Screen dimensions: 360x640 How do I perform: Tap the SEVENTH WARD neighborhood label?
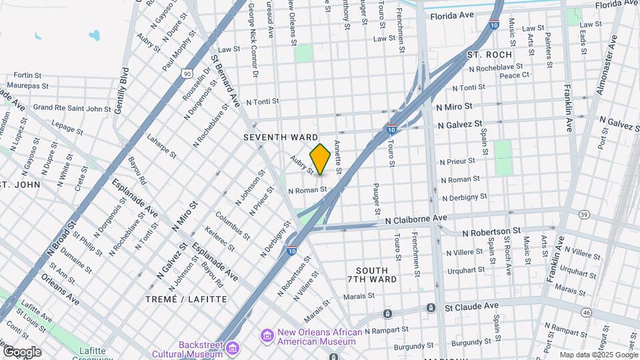(x=280, y=137)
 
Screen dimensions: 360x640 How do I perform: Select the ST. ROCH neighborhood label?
(x=489, y=55)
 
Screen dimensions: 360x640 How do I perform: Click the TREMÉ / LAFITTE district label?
(x=186, y=299)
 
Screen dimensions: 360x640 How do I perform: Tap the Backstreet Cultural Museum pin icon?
(x=232, y=347)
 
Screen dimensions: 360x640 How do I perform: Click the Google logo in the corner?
(x=21, y=351)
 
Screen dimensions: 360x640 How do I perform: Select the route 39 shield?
(x=584, y=214)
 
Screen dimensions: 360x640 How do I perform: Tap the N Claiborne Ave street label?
(x=416, y=218)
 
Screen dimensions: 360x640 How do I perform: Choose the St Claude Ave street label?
(x=471, y=306)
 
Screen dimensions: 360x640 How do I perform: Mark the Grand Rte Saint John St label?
(x=72, y=107)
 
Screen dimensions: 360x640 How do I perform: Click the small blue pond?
(x=93, y=34)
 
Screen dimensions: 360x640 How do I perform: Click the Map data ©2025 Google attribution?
(x=599, y=355)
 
